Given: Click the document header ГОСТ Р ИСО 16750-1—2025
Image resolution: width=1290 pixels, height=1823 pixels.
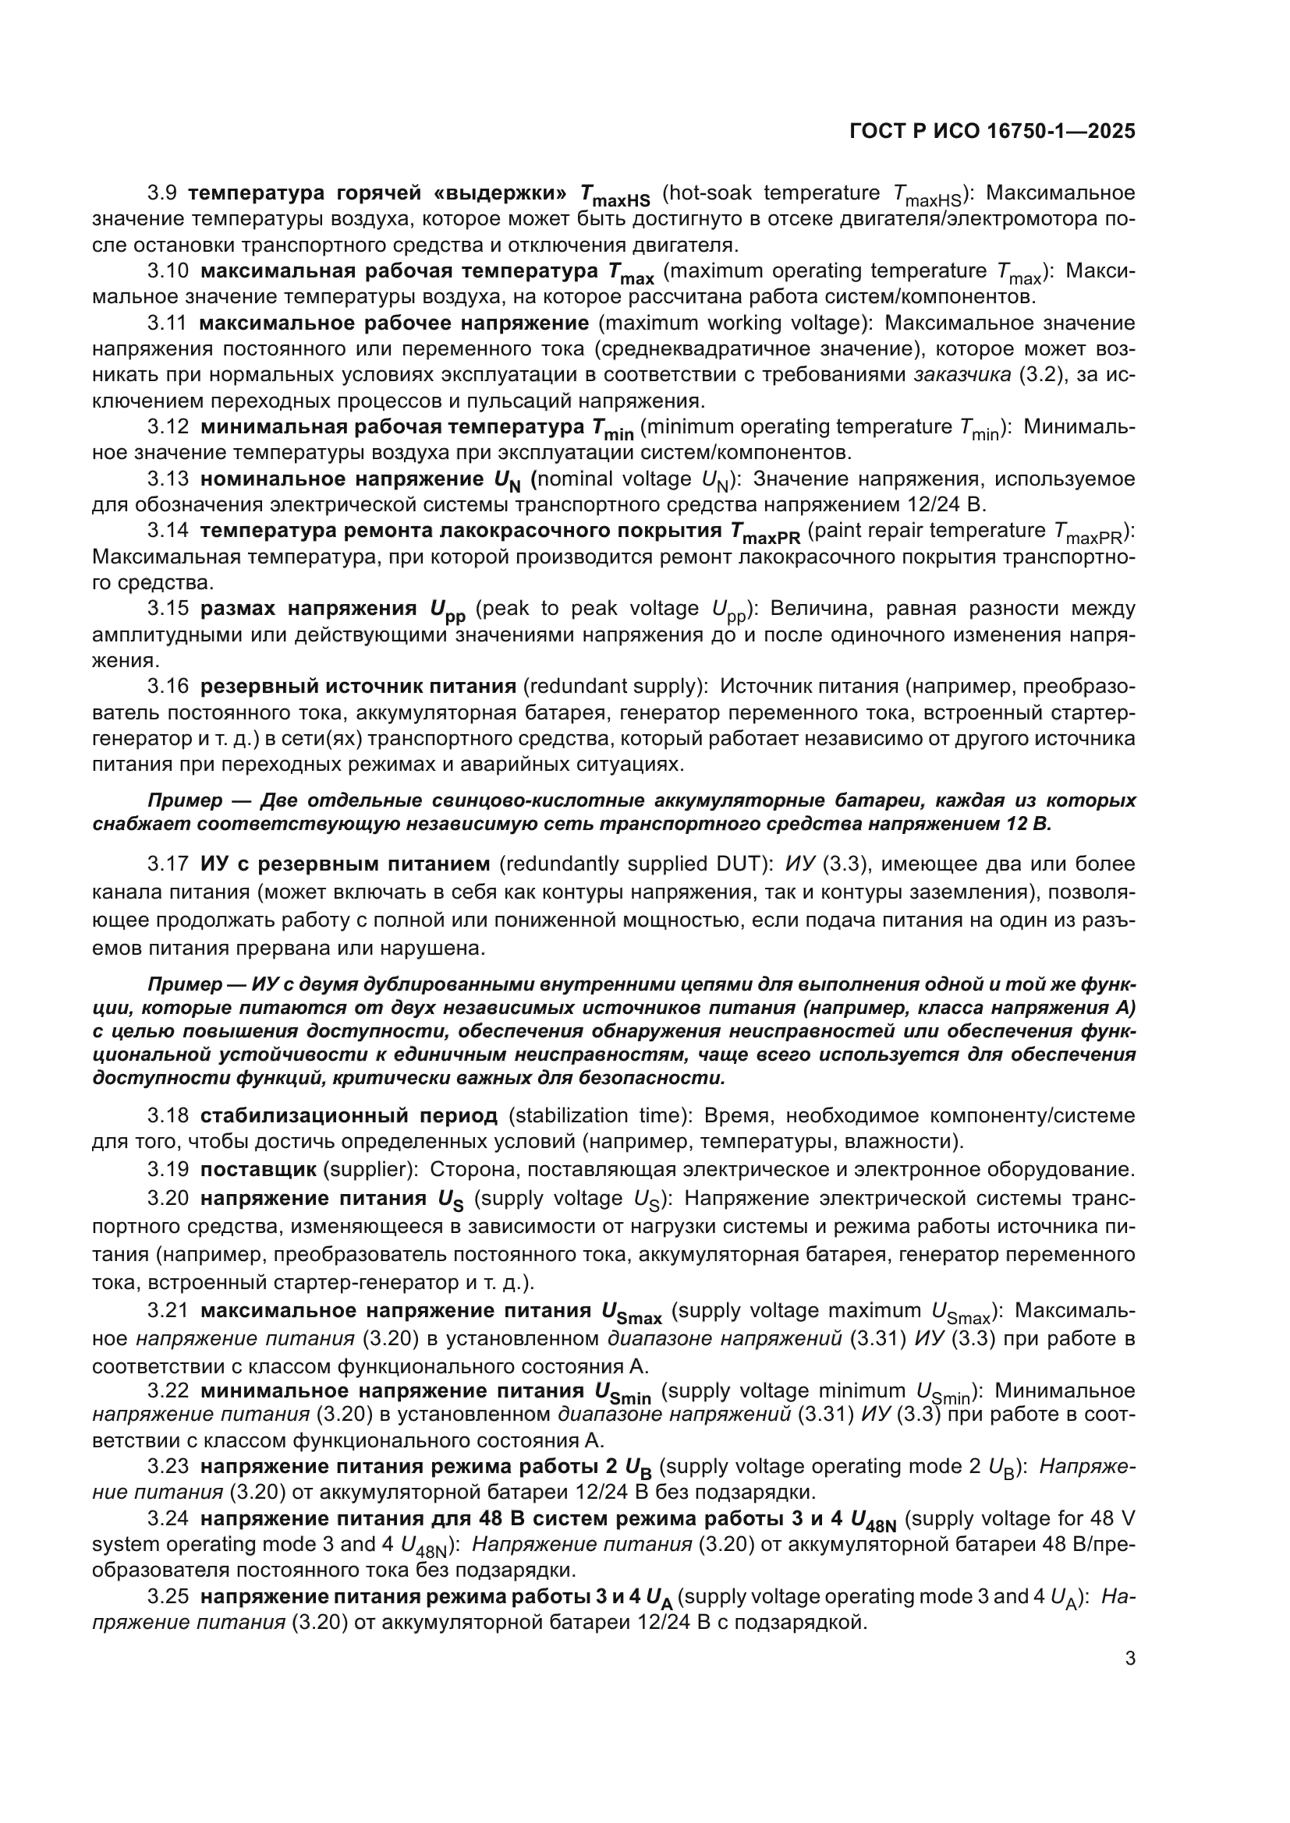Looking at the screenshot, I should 992,131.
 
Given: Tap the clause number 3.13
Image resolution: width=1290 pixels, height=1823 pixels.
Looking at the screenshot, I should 168,479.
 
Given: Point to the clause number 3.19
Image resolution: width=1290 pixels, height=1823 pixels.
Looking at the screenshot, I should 168,1169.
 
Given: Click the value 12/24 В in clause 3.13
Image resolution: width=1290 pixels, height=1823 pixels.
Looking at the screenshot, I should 944,504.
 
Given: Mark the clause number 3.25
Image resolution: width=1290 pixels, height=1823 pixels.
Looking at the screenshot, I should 168,1596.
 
